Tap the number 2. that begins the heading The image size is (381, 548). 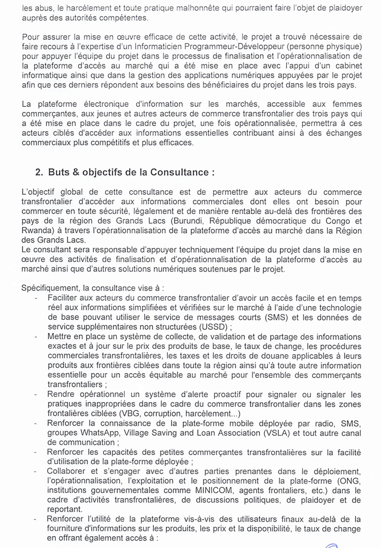(39, 172)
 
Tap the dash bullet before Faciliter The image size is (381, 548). (35, 298)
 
